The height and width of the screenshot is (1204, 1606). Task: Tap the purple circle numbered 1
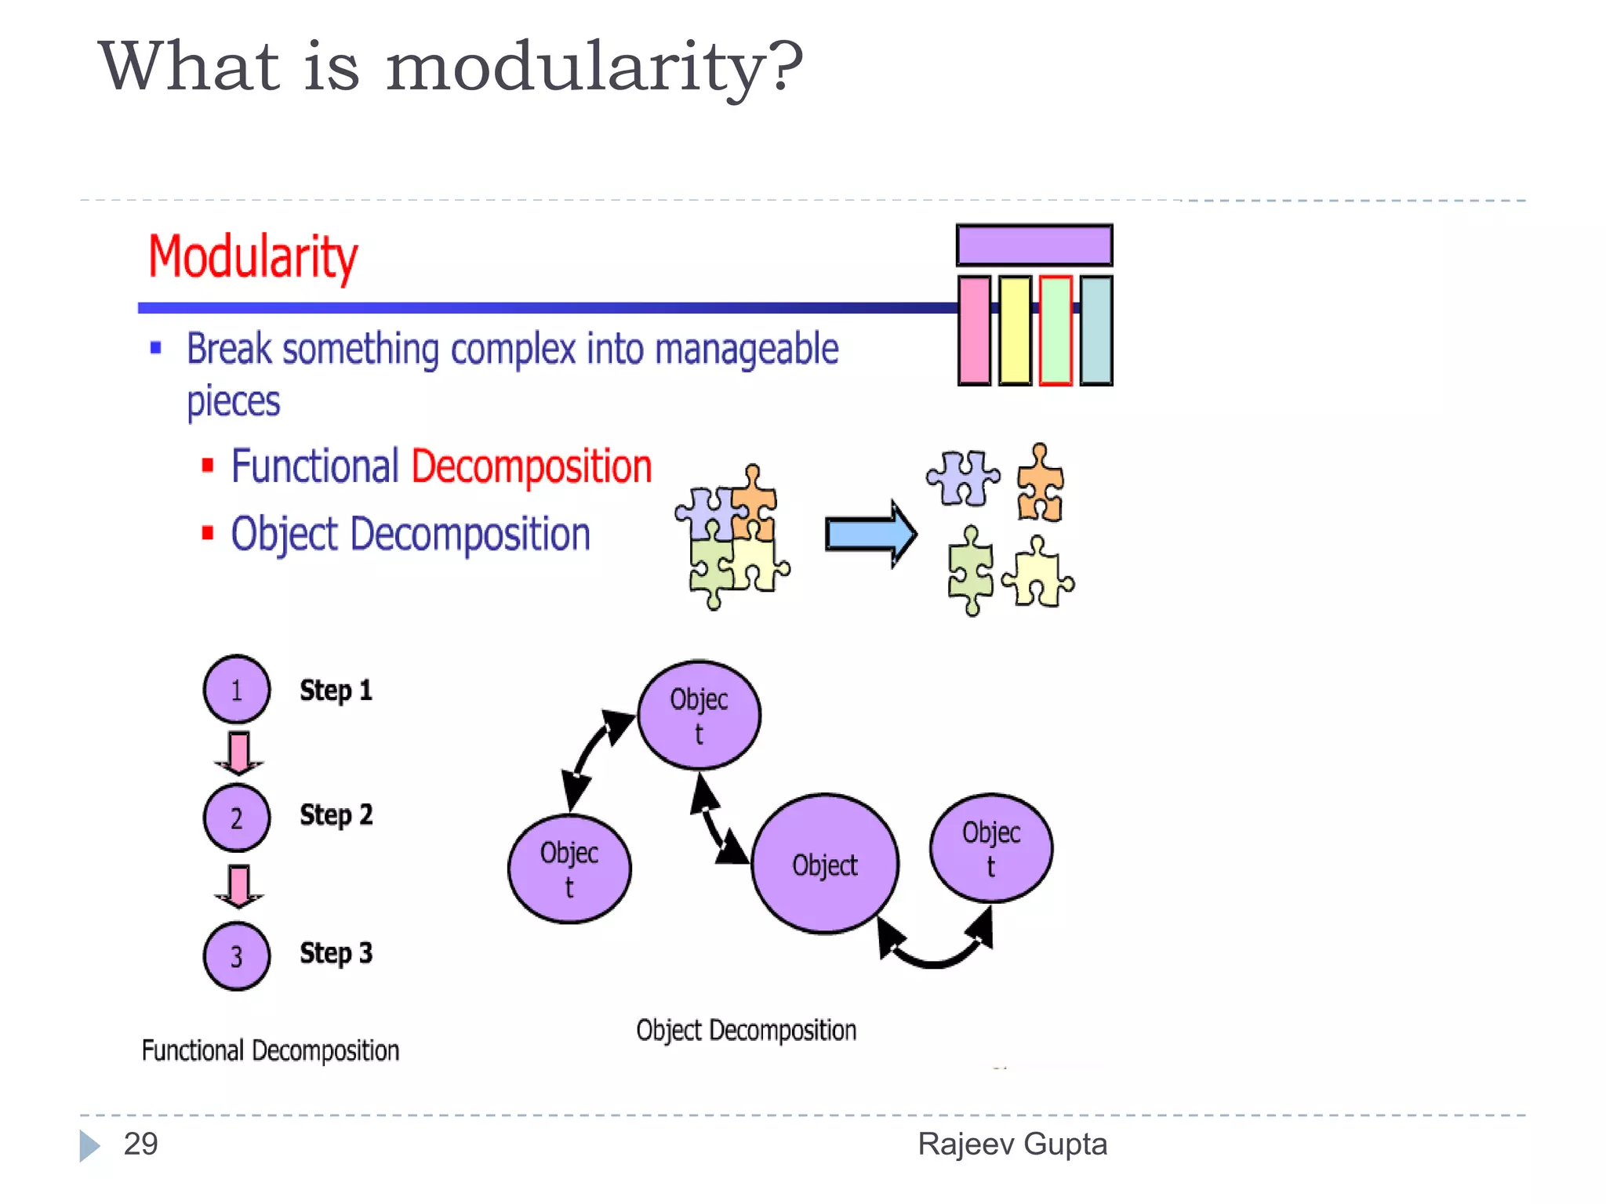point(237,689)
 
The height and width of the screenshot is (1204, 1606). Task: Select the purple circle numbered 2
point(237,818)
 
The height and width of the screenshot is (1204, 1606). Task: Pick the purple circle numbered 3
point(237,956)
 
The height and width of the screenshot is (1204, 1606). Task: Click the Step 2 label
point(336,815)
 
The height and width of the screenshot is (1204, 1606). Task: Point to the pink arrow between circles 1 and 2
point(238,752)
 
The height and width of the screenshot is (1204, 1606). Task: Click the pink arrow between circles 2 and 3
point(238,885)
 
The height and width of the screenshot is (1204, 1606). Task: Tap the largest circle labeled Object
point(824,865)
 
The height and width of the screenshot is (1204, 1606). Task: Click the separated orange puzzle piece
point(1040,484)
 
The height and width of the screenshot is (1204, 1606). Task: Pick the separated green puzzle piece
point(970,571)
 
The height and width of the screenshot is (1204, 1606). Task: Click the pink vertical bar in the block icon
point(974,330)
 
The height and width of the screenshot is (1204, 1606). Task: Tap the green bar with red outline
point(1056,330)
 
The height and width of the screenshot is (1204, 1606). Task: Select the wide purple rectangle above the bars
point(1034,245)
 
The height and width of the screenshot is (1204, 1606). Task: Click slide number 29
point(141,1144)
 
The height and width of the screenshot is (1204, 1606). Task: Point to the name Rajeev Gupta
point(1012,1144)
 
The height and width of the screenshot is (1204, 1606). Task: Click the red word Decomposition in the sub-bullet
point(531,467)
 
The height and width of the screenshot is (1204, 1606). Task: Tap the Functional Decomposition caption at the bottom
point(271,1050)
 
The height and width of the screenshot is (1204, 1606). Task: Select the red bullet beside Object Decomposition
point(208,534)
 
